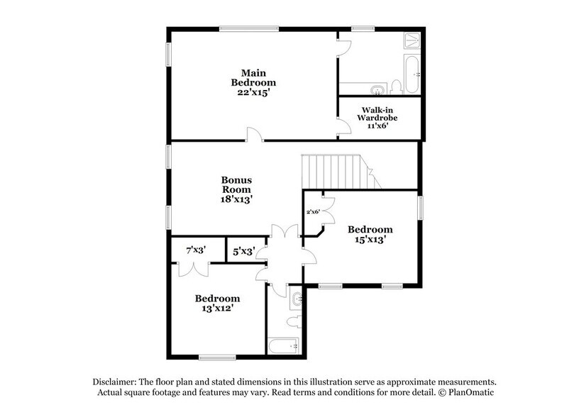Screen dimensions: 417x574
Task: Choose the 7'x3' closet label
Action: tap(195, 250)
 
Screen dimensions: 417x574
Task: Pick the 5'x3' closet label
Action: tap(243, 250)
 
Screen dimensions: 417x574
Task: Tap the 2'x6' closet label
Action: tap(313, 211)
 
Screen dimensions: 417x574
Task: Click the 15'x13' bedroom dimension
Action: tap(370, 240)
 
